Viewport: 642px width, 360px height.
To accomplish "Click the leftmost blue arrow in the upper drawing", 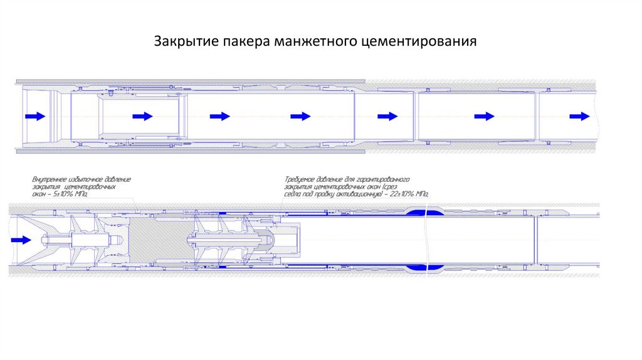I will tap(34, 116).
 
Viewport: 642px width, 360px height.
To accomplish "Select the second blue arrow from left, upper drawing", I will tap(143, 116).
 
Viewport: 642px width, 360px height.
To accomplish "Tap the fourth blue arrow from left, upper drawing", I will tap(300, 116).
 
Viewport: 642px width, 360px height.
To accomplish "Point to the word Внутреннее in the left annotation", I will tap(53, 179).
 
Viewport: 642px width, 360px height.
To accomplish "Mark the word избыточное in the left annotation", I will tap(93, 179).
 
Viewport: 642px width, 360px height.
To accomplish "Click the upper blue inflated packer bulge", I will tap(425, 211).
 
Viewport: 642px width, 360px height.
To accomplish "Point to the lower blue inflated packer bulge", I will tap(425, 268).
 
